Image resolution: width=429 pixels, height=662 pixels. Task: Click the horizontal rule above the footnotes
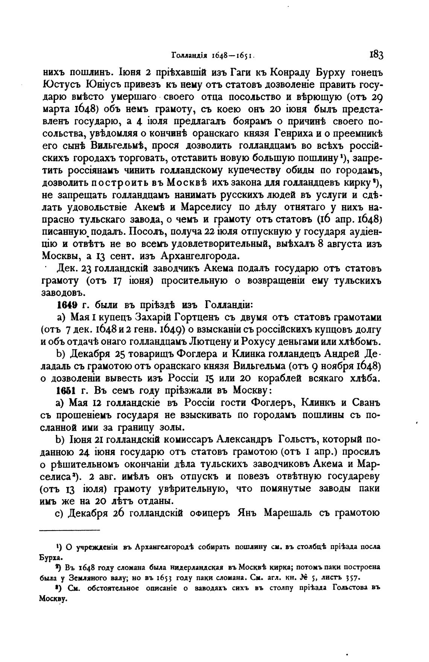tap(70, 531)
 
